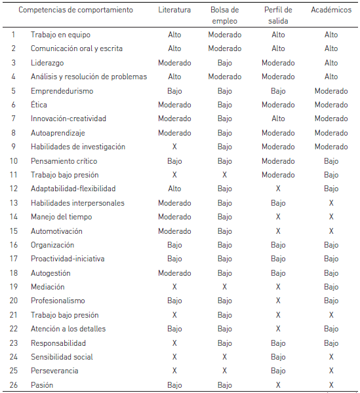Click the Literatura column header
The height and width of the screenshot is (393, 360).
[x=174, y=10]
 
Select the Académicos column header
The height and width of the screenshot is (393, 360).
[x=331, y=10]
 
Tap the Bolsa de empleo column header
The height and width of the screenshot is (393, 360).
[x=225, y=15]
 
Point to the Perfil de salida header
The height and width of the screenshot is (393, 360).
[x=278, y=15]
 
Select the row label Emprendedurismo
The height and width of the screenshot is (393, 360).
[x=62, y=91]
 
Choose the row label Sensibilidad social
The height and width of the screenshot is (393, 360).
[x=62, y=357]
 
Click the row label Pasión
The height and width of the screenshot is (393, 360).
[x=42, y=385]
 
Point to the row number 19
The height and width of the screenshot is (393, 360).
[x=14, y=287]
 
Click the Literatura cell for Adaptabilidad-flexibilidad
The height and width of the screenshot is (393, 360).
[x=174, y=189]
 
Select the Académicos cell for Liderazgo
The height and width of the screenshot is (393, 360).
[x=331, y=63]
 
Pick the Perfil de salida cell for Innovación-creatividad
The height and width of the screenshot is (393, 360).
[x=278, y=119]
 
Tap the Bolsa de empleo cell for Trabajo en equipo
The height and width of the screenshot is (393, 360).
[x=225, y=35]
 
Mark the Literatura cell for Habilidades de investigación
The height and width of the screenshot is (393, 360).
[x=174, y=147]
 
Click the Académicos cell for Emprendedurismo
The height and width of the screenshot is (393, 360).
[x=331, y=91]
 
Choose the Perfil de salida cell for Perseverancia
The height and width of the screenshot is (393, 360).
[x=278, y=371]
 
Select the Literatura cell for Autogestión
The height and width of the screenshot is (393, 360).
[x=174, y=273]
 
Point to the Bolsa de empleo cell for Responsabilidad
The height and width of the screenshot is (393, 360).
[x=225, y=343]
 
